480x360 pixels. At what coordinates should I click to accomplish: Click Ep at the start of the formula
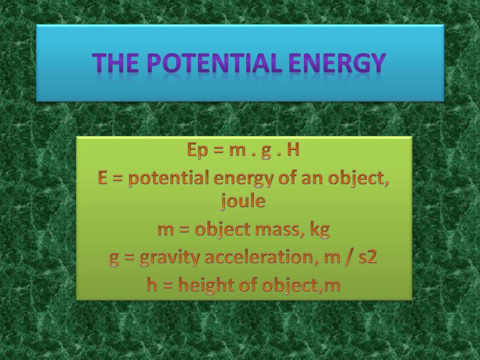(x=197, y=150)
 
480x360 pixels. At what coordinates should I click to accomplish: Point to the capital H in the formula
(x=293, y=150)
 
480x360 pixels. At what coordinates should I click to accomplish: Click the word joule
(x=243, y=201)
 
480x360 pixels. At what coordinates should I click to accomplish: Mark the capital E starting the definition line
(x=103, y=177)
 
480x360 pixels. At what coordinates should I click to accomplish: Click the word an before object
(x=312, y=179)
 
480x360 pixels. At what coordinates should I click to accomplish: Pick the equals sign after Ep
(x=218, y=150)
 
